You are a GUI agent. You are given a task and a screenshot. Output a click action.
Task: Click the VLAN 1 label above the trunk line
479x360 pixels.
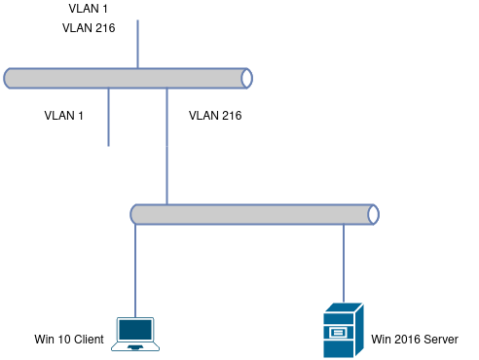coord(88,9)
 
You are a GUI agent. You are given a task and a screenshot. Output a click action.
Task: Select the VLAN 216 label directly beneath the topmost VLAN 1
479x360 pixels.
coord(89,28)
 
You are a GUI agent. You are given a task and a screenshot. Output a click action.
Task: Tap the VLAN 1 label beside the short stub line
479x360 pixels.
coord(64,116)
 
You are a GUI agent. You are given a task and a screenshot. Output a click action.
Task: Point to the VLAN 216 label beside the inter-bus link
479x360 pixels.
coord(215,116)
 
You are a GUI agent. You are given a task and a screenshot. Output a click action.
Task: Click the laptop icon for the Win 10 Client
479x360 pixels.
coord(135,334)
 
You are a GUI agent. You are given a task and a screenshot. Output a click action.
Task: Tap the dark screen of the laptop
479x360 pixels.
coord(135,330)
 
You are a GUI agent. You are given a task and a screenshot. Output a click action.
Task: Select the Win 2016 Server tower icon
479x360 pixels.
coord(344,330)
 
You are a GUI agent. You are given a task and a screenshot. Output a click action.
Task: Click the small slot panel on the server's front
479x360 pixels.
coord(338,333)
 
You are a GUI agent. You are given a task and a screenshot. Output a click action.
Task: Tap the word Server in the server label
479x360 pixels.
coord(441,340)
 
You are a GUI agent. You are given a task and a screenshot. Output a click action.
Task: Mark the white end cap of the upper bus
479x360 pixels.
coord(247,78)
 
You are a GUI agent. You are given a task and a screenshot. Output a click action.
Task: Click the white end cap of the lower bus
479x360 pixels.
coord(374,214)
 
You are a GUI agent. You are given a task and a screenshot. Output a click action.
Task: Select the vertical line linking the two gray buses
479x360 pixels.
coord(166,146)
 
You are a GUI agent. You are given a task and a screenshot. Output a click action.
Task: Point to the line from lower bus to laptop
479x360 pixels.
coord(135,270)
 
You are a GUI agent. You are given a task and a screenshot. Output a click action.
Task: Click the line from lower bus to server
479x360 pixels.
coord(344,264)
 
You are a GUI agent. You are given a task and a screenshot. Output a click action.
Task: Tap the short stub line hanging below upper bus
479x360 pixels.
coord(108,117)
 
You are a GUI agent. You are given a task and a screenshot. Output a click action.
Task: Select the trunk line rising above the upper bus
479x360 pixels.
coord(137,44)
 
